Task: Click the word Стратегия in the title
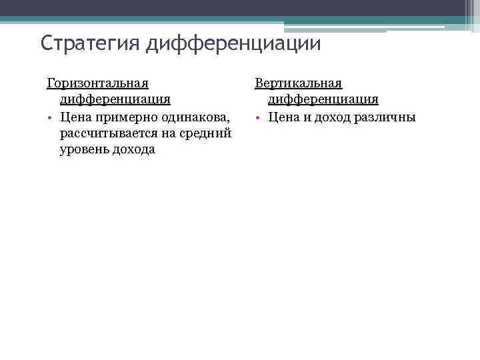coord(91,43)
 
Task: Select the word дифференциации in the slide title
coord(234,43)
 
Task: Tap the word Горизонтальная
coord(97,83)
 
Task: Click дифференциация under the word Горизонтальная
coord(115,99)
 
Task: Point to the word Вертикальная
coord(298,83)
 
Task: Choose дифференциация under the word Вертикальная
coord(323,99)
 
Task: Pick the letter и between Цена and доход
coord(305,117)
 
